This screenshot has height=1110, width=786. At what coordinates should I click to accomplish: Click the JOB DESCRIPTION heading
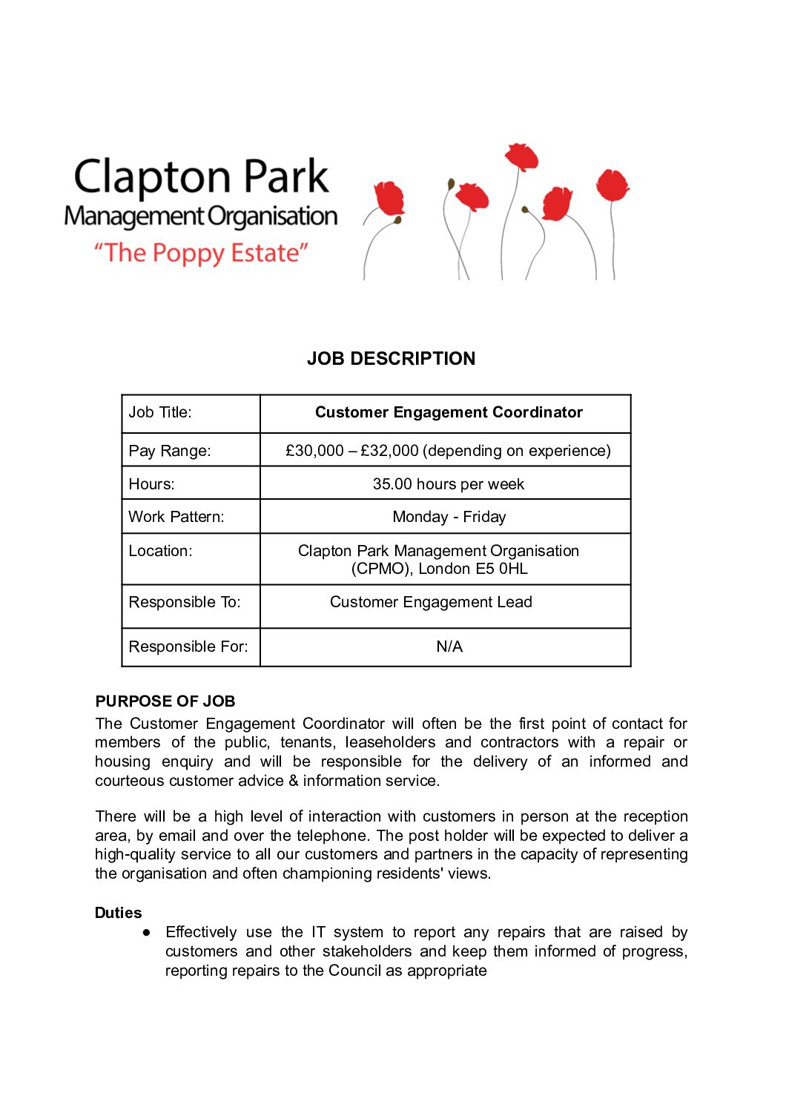click(391, 359)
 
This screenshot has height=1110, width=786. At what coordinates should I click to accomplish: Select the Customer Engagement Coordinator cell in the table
click(448, 412)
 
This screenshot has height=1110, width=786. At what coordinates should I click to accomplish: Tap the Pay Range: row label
click(170, 451)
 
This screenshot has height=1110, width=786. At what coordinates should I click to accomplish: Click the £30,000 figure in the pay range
click(314, 451)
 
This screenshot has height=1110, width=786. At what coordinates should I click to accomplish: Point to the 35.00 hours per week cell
click(448, 484)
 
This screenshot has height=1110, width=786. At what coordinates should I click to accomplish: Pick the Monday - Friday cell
click(449, 517)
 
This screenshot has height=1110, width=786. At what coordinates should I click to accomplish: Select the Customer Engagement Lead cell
click(431, 602)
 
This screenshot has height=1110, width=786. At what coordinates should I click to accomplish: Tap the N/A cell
click(449, 647)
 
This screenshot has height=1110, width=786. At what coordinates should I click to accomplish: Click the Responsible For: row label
click(188, 647)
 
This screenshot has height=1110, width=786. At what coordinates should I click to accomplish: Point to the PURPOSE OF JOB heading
click(165, 701)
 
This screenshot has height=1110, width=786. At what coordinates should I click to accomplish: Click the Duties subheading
click(118, 913)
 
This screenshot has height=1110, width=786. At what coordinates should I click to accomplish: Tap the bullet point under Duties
click(147, 932)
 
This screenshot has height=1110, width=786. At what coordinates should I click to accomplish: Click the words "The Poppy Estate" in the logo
click(200, 253)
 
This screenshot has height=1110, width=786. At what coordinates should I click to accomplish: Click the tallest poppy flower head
click(521, 156)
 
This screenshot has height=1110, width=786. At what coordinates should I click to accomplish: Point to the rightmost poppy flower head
click(612, 184)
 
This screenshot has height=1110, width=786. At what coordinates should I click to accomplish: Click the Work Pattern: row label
click(176, 517)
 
